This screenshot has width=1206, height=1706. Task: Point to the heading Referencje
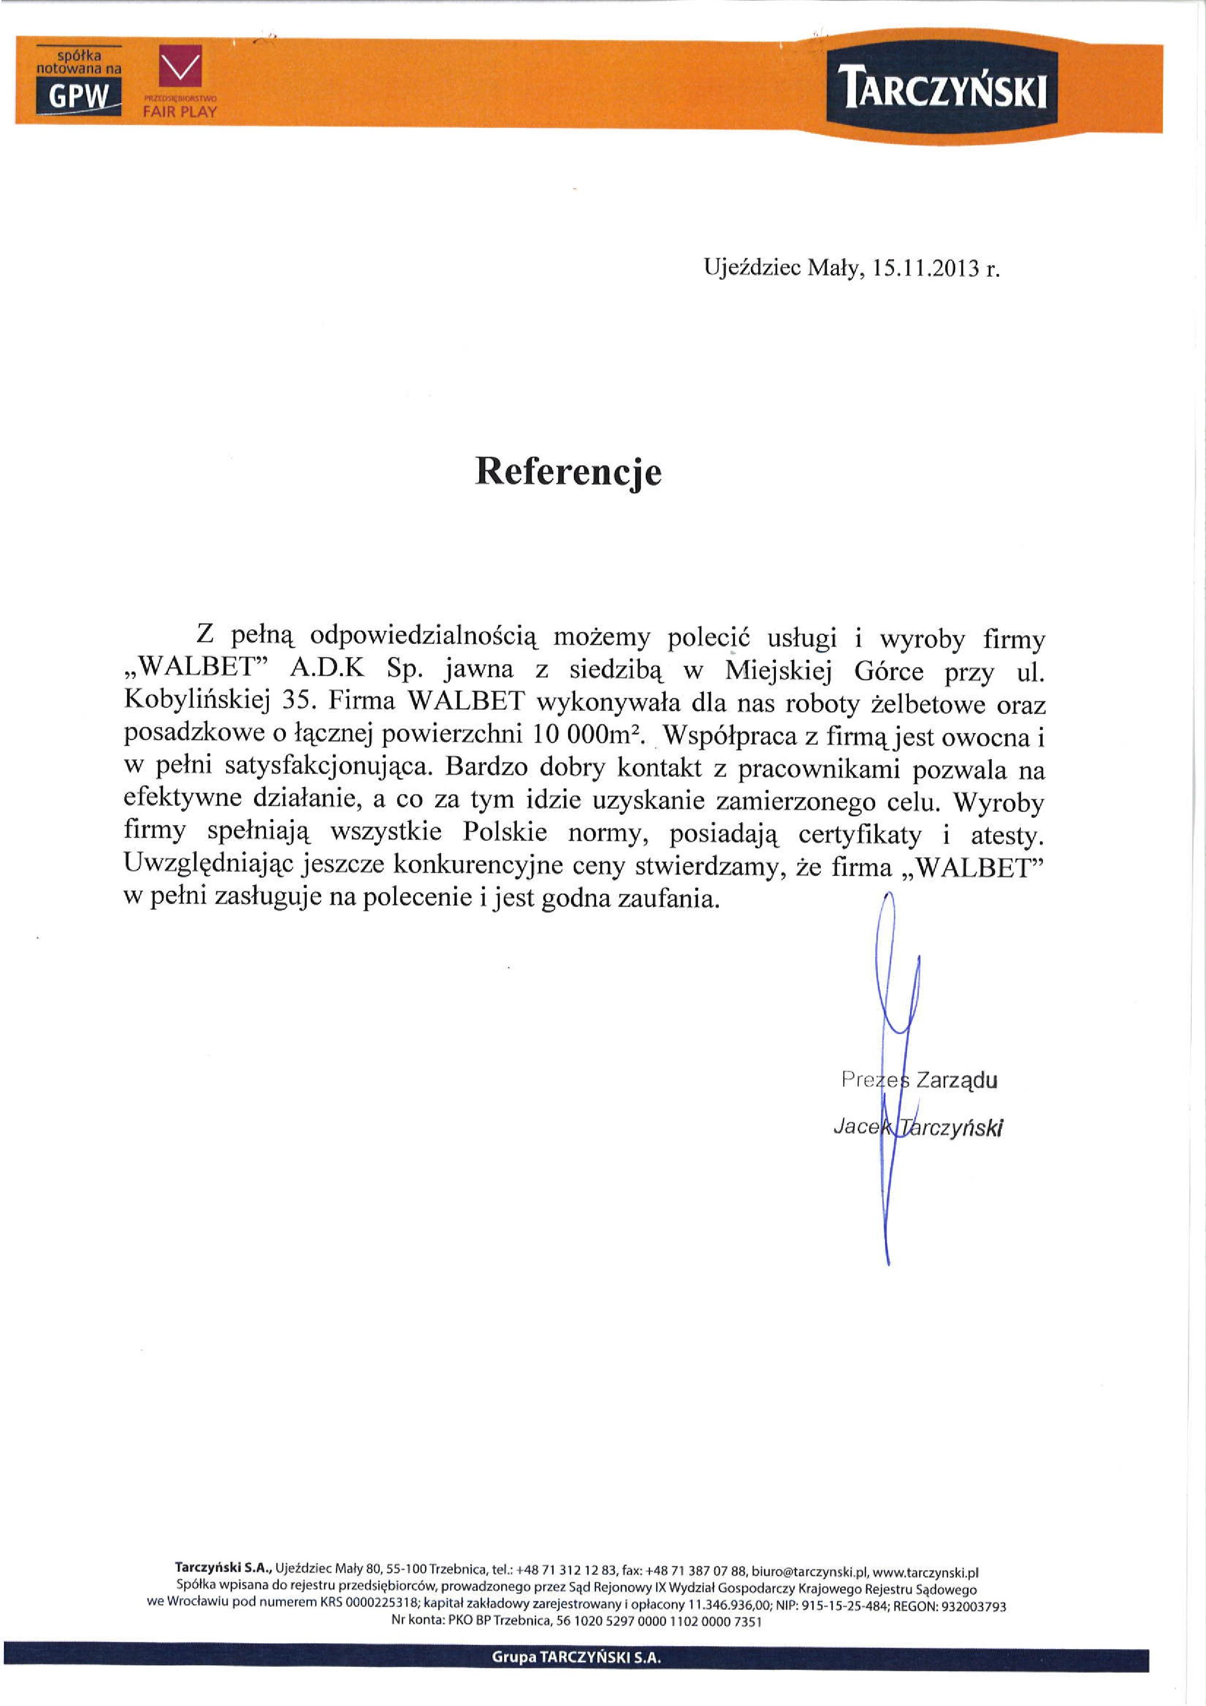coord(568,471)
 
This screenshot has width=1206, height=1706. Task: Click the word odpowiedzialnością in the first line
coord(423,637)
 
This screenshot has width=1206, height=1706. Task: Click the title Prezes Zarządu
coord(919,1079)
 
